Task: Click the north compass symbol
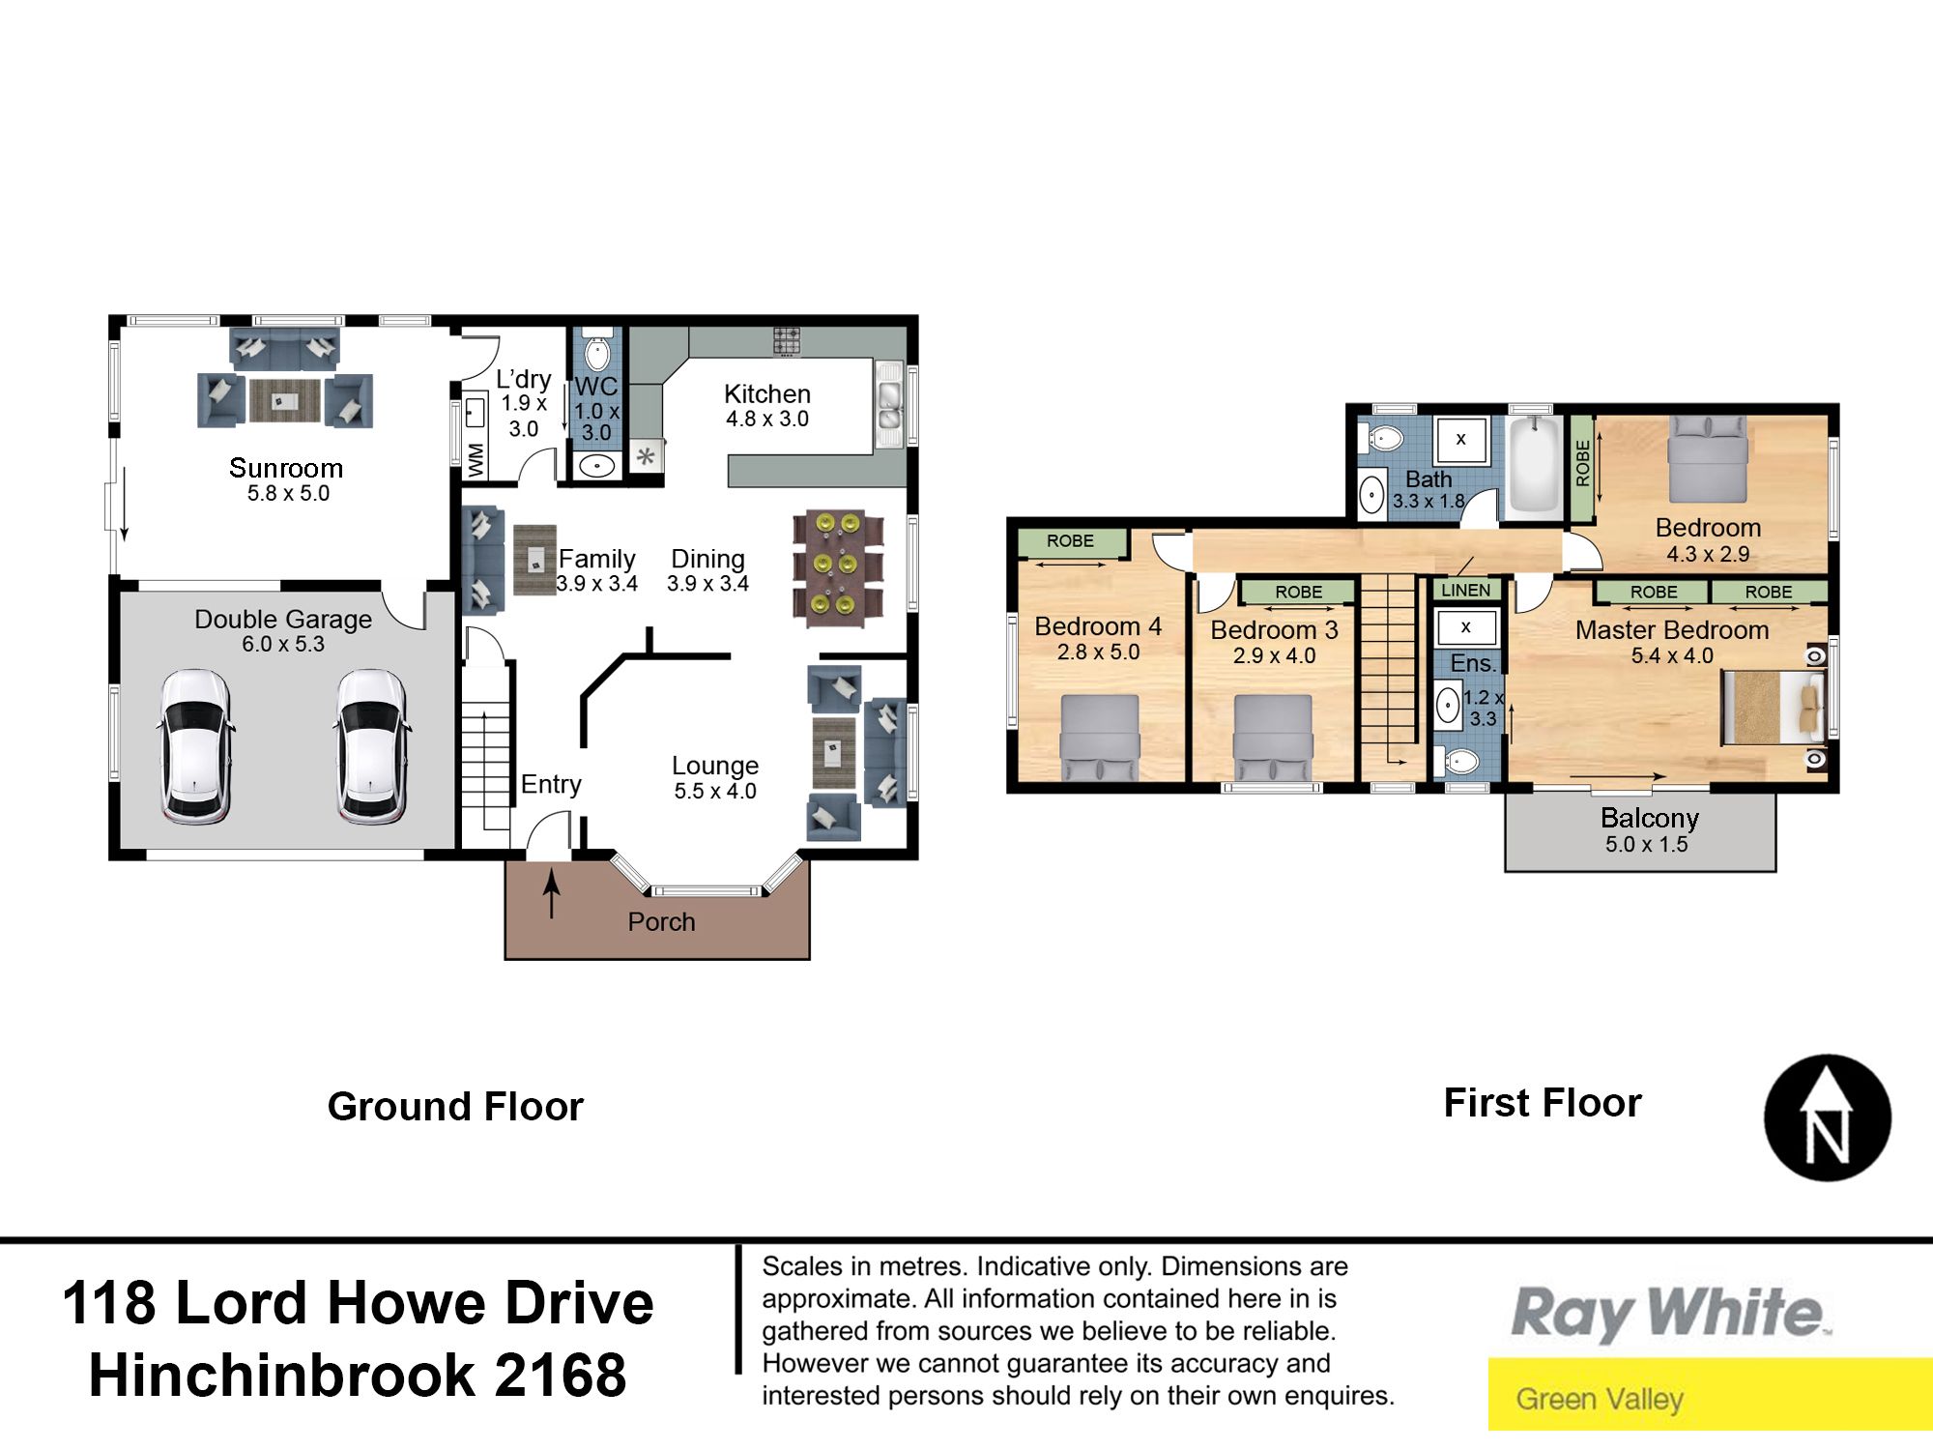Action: click(x=1827, y=1117)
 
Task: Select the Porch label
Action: click(x=661, y=922)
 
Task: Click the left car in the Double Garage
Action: click(x=195, y=746)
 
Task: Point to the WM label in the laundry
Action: click(x=476, y=460)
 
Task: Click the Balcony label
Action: click(x=1650, y=818)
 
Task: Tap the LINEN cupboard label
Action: click(x=1465, y=590)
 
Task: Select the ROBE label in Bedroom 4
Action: click(x=1070, y=541)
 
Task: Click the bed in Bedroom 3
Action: click(x=1274, y=738)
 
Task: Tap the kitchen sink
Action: click(x=888, y=405)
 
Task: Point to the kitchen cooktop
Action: click(x=787, y=341)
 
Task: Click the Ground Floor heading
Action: click(x=455, y=1107)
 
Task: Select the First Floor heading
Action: click(x=1543, y=1103)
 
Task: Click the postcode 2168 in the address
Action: click(x=561, y=1375)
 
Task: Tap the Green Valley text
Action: click(x=1600, y=1399)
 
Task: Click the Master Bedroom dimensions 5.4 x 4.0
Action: click(x=1672, y=655)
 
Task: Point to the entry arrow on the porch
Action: click(x=552, y=894)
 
